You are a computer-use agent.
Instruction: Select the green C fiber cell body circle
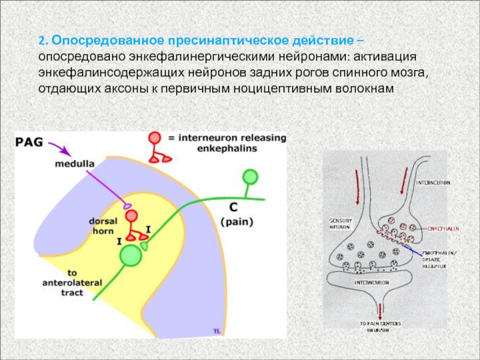point(250,176)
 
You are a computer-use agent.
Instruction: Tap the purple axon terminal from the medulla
point(127,205)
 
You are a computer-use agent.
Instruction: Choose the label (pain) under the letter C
point(236,221)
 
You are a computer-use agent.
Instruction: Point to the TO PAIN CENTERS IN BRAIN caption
point(381,326)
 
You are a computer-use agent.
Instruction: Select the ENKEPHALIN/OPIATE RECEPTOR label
point(434,260)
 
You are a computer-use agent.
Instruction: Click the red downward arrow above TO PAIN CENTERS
point(379,309)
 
